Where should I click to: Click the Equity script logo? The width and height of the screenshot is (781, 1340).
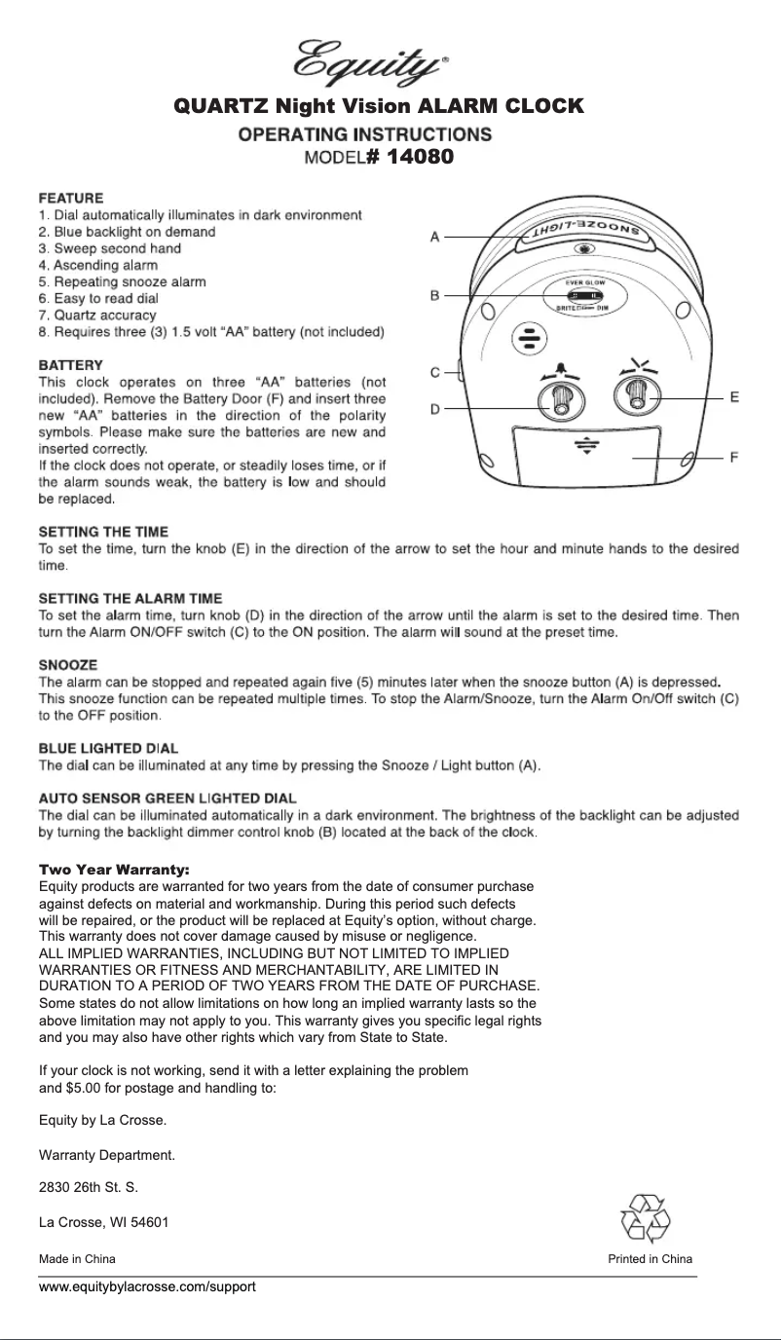pos(371,61)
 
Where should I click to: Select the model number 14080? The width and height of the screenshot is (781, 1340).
pos(419,157)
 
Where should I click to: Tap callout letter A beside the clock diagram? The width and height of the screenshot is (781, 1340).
pos(435,237)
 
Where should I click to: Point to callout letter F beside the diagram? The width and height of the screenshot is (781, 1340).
pos(733,457)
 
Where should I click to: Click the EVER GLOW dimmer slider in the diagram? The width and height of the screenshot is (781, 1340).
pos(582,295)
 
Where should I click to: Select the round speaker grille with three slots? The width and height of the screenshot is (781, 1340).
pos(529,338)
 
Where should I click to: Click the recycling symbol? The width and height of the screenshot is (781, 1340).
pos(644,1218)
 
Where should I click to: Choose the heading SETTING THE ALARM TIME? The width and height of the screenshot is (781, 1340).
pos(130,598)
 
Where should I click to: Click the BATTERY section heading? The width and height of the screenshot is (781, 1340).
pos(70,364)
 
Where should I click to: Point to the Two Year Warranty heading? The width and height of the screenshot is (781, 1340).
pos(113,869)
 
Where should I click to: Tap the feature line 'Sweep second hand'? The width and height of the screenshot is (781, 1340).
pos(109,248)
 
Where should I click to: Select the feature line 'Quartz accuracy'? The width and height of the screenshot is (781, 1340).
pos(96,316)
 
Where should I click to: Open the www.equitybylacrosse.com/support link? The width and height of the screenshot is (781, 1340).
pos(146,1286)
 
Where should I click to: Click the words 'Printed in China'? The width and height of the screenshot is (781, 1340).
pos(650,1259)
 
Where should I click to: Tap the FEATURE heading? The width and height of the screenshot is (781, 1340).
pos(70,198)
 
